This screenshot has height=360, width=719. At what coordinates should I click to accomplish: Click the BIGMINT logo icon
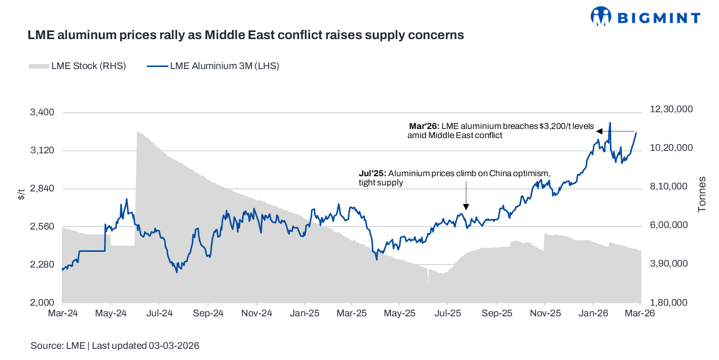pos(601,16)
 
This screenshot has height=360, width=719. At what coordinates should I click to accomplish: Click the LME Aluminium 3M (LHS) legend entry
pos(213,66)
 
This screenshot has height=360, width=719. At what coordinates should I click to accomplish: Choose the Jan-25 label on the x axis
pos(304,313)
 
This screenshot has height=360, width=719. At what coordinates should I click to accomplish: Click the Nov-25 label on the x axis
pos(545,313)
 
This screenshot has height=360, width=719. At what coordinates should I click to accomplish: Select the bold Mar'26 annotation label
pos(424,126)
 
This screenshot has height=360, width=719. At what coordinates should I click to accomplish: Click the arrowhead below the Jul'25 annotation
pos(466,207)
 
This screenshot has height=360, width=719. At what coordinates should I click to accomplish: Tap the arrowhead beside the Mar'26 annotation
pos(599,132)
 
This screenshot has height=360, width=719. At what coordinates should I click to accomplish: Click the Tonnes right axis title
pos(702,194)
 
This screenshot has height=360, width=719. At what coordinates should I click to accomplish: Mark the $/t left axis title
pos(21,193)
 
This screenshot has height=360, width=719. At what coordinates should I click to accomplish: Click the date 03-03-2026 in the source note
pos(174,346)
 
